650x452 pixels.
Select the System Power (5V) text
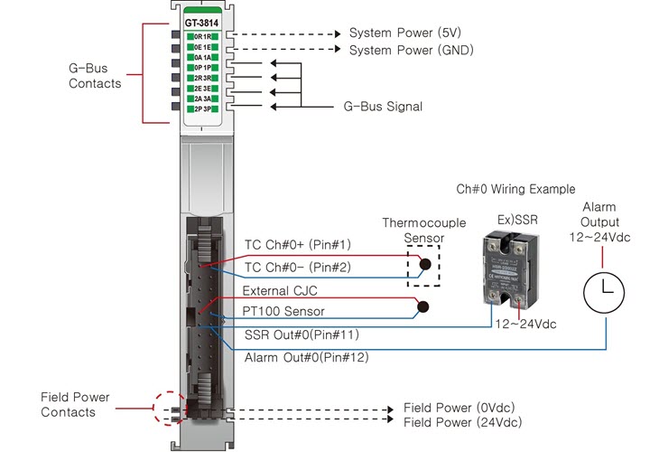tap(405, 33)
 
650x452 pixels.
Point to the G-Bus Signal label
tap(383, 107)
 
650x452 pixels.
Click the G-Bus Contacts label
tap(95, 76)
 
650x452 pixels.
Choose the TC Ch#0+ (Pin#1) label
tap(298, 244)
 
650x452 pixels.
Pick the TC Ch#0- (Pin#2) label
tap(298, 268)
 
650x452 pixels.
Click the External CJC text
tap(280, 291)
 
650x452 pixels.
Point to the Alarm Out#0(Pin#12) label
tap(307, 358)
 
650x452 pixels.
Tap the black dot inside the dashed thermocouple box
tap(422, 267)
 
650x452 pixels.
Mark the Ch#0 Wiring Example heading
tap(515, 190)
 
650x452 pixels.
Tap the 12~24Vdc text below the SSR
tap(527, 324)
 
